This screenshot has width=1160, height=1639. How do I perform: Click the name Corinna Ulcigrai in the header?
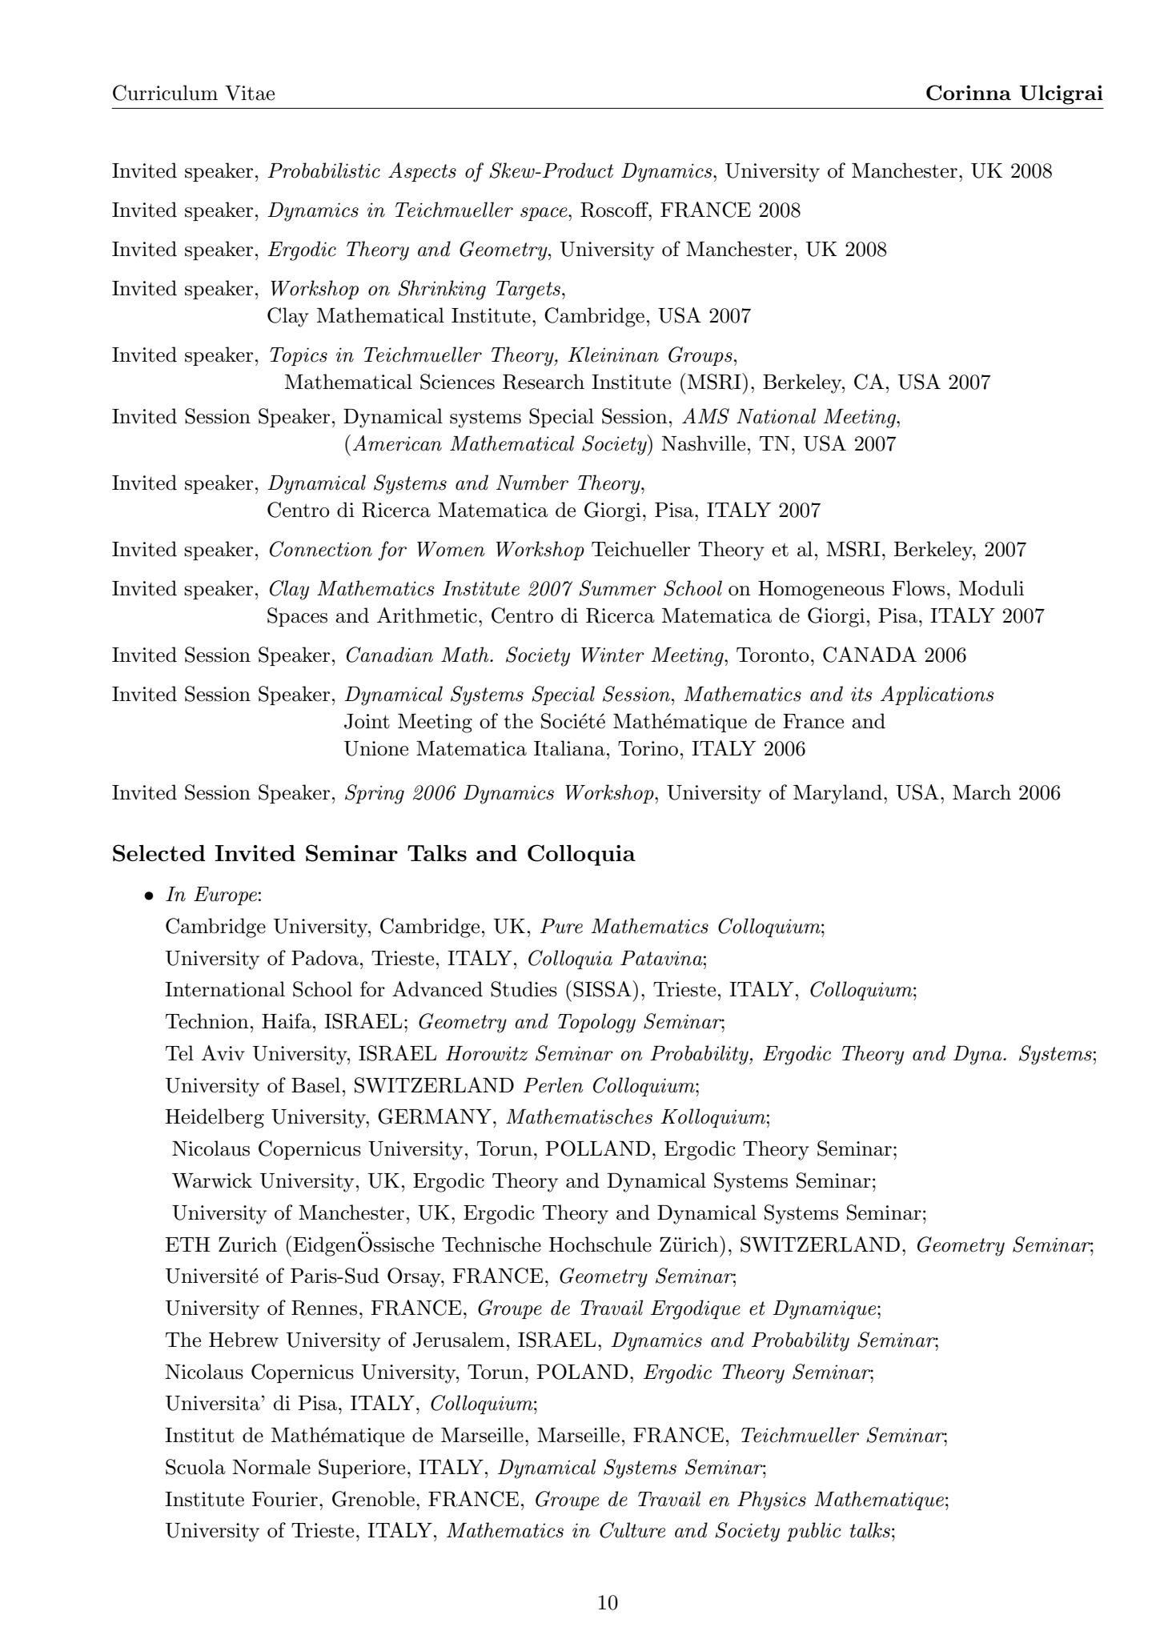pyautogui.click(x=1013, y=94)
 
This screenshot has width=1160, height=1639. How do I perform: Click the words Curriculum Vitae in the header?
pyautogui.click(x=193, y=94)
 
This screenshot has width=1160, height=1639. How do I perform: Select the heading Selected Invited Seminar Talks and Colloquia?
pyautogui.click(x=373, y=854)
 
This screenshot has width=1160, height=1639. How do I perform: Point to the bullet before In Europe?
pyautogui.click(x=149, y=896)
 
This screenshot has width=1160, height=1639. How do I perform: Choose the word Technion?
pyautogui.click(x=202, y=1022)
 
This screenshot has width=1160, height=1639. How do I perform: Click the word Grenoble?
pyautogui.click(x=374, y=1499)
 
